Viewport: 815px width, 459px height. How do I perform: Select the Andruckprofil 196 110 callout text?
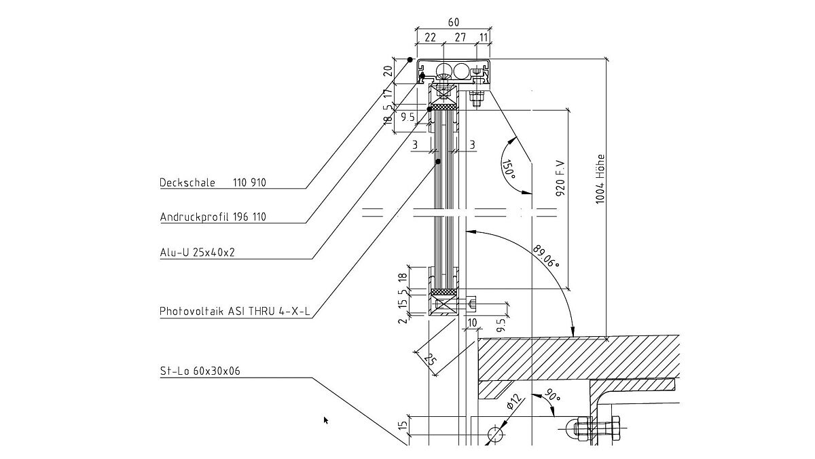point(213,217)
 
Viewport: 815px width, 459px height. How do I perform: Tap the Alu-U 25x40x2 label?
point(198,253)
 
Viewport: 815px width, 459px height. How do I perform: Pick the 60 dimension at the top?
point(454,22)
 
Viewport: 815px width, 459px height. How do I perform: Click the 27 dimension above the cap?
point(460,38)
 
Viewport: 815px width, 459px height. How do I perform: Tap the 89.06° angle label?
point(547,255)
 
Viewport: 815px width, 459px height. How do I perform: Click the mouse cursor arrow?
point(326,420)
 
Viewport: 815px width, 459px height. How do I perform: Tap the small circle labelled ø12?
point(496,433)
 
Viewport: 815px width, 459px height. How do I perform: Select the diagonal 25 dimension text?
point(429,359)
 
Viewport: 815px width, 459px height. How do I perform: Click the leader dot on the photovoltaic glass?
point(438,162)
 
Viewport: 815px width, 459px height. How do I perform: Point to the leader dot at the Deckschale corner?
point(410,60)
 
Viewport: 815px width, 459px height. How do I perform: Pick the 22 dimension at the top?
point(430,38)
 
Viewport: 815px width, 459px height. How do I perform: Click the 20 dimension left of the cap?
point(388,71)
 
